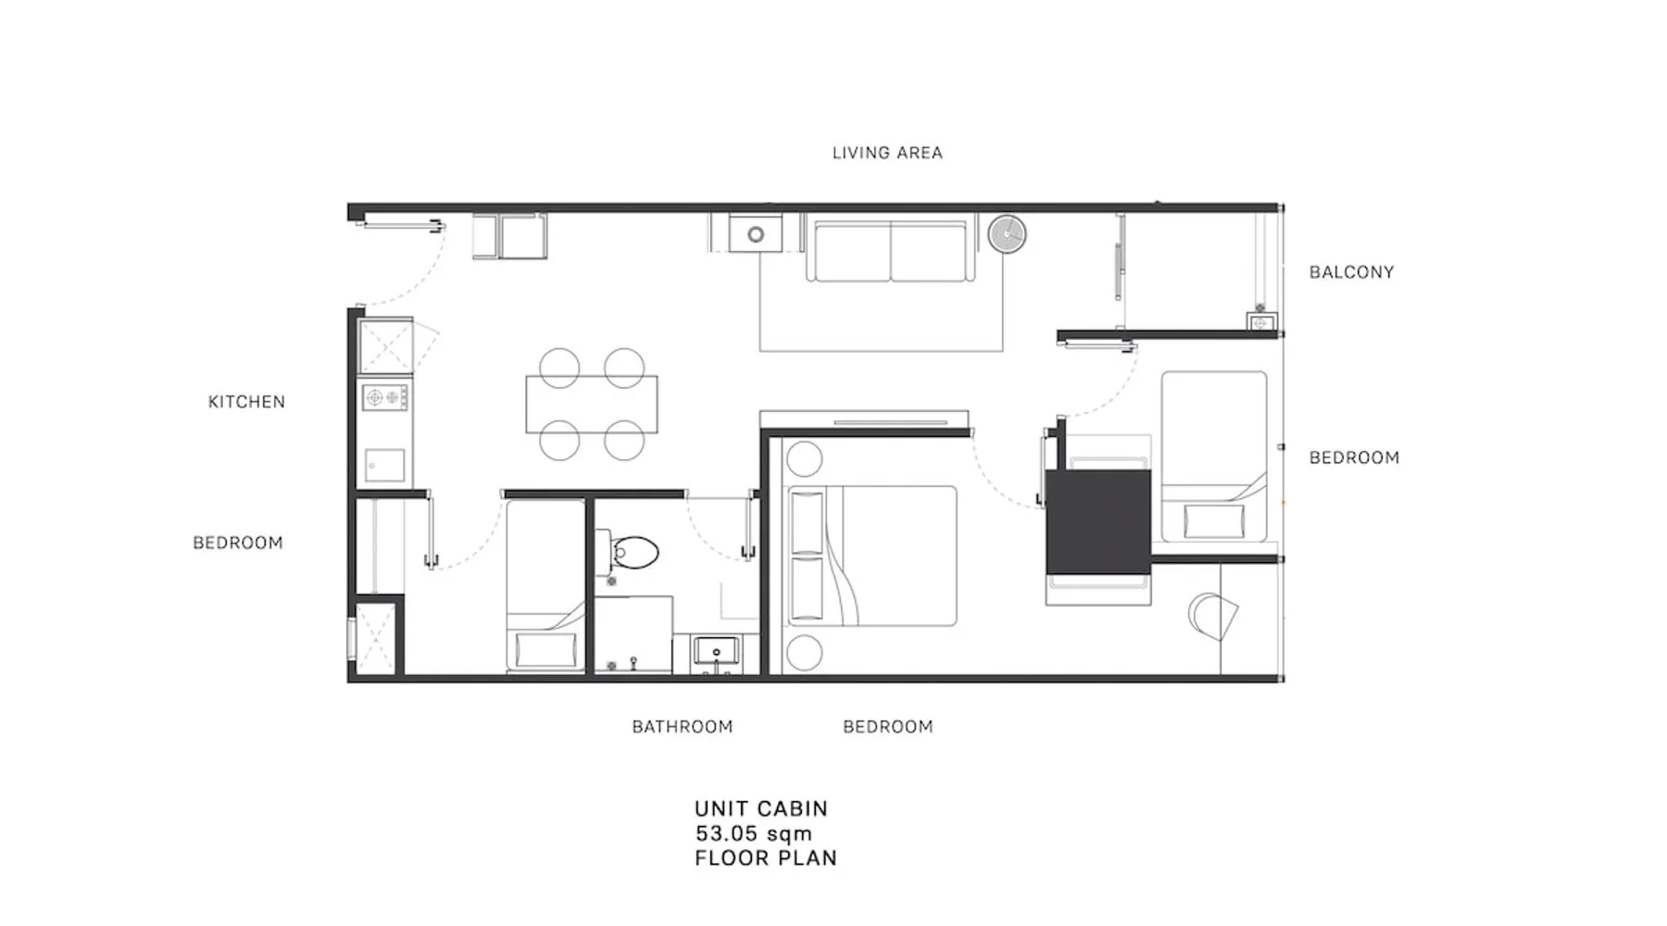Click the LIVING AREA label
(887, 153)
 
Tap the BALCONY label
(1351, 272)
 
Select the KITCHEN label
(246, 402)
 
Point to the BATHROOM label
(683, 727)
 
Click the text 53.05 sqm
(754, 833)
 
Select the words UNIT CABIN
(761, 808)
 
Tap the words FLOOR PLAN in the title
(766, 858)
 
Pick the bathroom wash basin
(716, 652)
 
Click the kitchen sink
(385, 465)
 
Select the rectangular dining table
(592, 404)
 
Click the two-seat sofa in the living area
(891, 247)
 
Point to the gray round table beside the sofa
(1007, 234)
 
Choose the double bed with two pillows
(870, 556)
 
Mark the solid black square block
(1098, 522)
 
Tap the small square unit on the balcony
(1261, 323)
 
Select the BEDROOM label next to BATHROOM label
(888, 727)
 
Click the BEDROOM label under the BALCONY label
(1354, 457)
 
